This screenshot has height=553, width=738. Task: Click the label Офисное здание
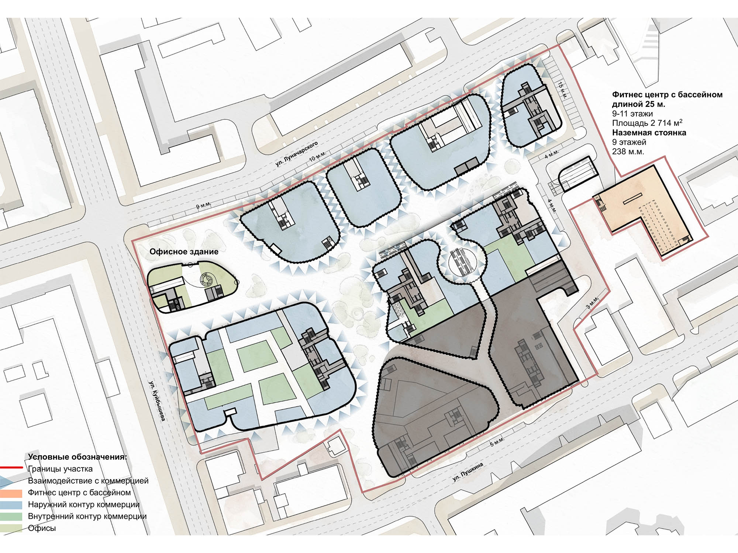point(184,252)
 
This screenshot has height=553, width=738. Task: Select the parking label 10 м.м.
point(317,156)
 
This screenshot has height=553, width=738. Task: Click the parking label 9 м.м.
point(203,206)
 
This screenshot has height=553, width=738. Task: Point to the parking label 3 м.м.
point(593,302)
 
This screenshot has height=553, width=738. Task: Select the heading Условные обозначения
point(77,457)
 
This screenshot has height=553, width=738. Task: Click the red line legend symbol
point(11,468)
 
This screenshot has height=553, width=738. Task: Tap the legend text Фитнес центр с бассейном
point(79,493)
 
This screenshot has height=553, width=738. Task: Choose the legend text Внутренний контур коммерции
point(87,516)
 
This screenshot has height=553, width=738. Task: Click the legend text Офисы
point(42,528)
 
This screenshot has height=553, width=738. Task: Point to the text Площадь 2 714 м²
point(647,123)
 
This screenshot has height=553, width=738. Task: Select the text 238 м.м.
point(628,152)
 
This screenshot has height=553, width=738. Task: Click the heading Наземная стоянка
point(649,132)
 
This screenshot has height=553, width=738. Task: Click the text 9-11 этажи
point(632,114)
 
